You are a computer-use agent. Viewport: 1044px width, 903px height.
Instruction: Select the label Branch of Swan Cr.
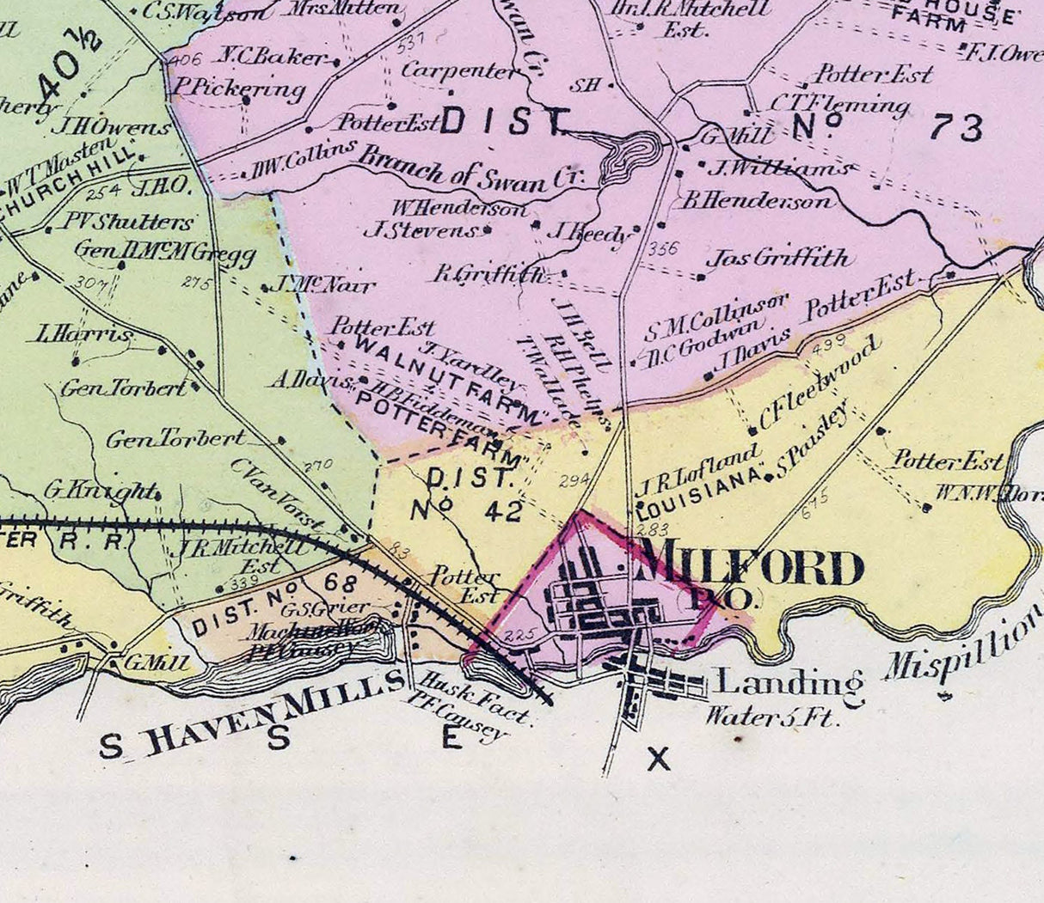(470, 170)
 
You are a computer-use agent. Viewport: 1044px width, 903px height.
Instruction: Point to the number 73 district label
(955, 129)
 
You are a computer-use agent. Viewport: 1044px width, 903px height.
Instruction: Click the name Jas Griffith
(777, 258)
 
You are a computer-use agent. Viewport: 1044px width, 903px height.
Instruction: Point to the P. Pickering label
(238, 88)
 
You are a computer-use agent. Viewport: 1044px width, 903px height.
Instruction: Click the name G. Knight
(101, 491)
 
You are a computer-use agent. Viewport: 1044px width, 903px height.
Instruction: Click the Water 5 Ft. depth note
(771, 715)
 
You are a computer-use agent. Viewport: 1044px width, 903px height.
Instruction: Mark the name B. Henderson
(757, 201)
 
